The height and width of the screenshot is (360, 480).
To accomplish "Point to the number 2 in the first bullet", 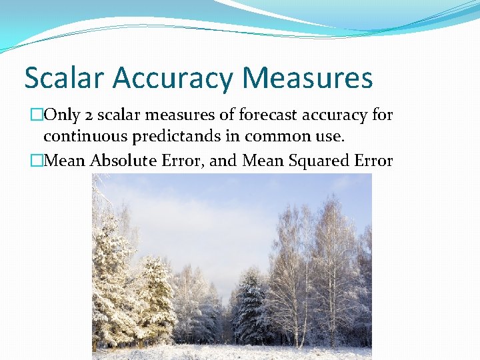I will coord(89,116).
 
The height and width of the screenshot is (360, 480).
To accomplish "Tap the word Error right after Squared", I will coord(373,161).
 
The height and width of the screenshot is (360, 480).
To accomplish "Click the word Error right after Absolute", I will coord(183,161).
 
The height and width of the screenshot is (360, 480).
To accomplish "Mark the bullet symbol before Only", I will coord(36,116).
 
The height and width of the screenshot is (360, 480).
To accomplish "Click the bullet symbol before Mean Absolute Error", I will coord(36,161).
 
